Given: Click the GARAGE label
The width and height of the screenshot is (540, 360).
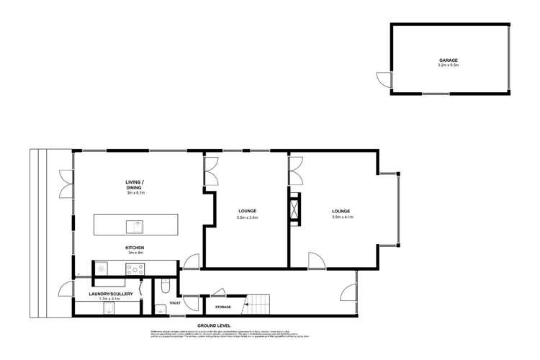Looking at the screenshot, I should (x=449, y=60).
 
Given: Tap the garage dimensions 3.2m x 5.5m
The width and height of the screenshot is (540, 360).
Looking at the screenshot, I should (x=449, y=66).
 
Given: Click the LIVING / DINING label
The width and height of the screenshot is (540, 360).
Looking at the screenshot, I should (x=135, y=184).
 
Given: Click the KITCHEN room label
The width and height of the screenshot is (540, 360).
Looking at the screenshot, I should (x=135, y=248).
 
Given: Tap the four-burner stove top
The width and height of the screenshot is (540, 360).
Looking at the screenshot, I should (x=135, y=270).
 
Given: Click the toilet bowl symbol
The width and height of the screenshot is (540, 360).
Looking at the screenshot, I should (x=166, y=289).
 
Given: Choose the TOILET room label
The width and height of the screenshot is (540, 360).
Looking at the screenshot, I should (x=175, y=304).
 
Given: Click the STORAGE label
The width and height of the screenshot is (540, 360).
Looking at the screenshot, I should (x=223, y=307).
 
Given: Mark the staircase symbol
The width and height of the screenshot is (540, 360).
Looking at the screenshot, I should (x=258, y=305).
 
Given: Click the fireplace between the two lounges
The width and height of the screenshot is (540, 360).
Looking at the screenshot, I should (x=294, y=211).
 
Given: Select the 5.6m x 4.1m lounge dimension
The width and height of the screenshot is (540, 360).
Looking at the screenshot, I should (x=343, y=217).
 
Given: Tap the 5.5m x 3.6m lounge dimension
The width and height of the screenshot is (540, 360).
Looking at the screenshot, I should (x=248, y=217).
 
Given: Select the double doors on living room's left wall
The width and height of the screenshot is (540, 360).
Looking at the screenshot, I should (x=65, y=184).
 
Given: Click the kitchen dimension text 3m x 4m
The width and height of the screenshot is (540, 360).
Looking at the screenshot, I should (x=135, y=253).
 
